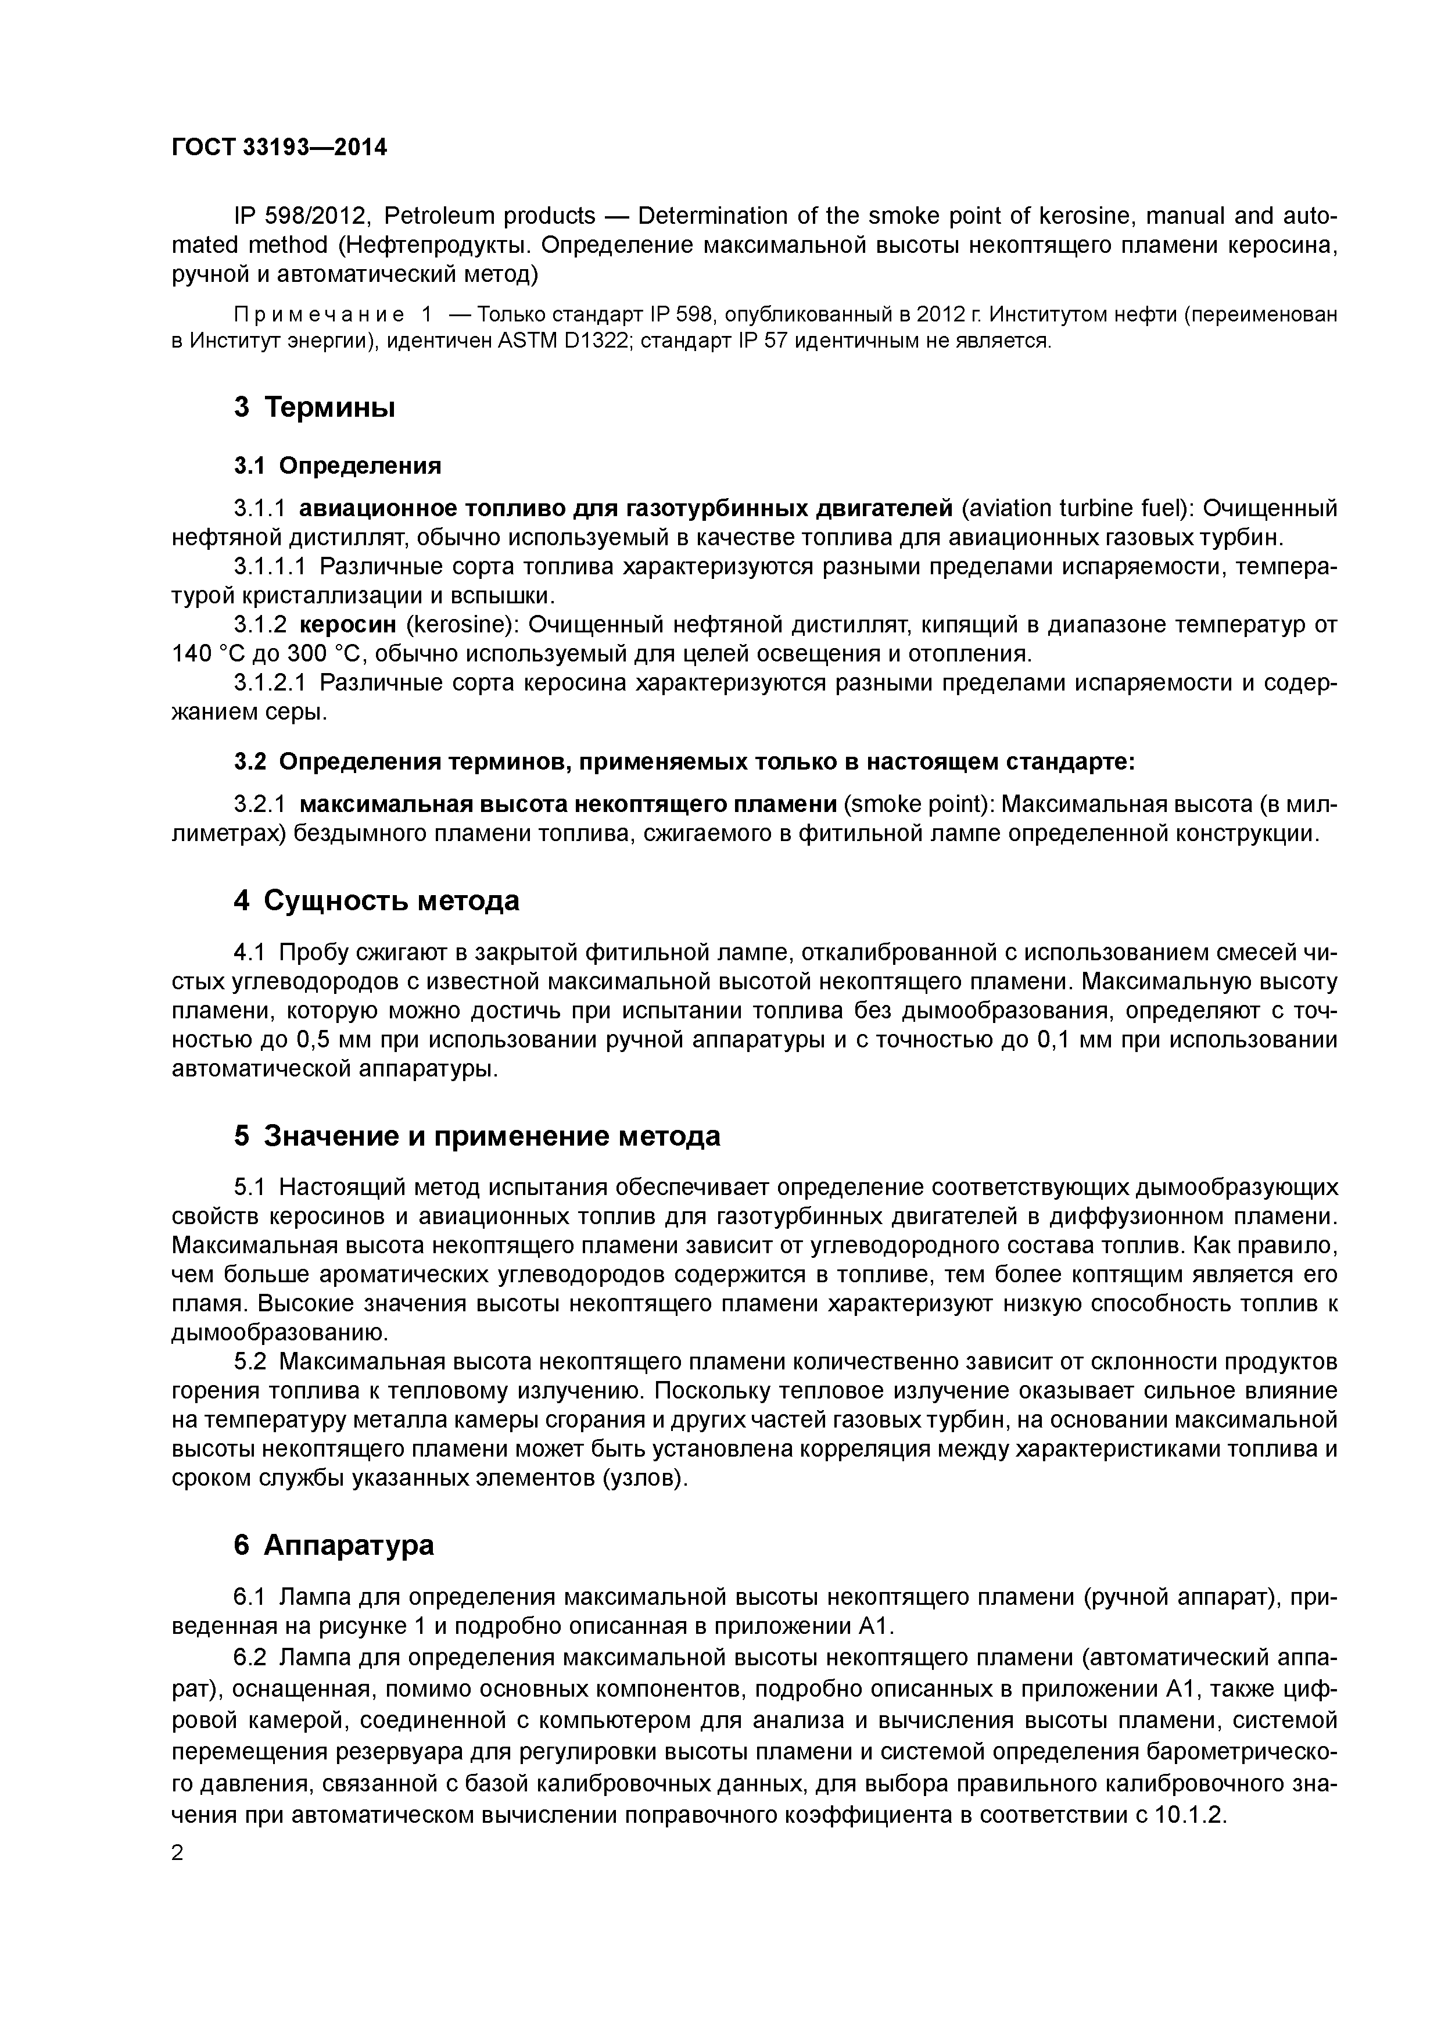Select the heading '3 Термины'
point(314,407)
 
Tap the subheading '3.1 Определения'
point(338,466)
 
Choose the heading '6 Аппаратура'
point(334,1546)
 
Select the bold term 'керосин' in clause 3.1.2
point(348,625)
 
